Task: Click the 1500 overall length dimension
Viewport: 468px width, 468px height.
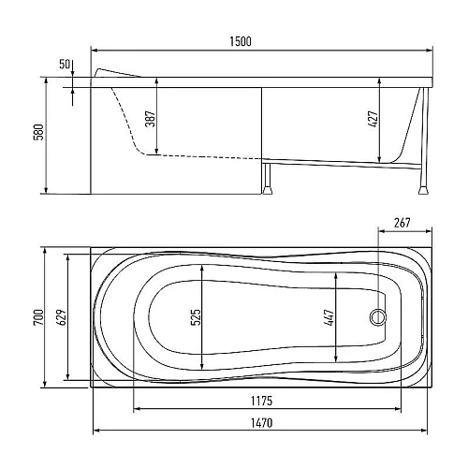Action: click(x=241, y=41)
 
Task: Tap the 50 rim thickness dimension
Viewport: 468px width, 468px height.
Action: click(x=65, y=65)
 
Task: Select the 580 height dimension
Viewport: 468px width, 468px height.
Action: click(x=38, y=132)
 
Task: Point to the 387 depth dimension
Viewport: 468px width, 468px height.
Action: click(x=151, y=119)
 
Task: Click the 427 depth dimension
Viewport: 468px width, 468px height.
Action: click(x=373, y=119)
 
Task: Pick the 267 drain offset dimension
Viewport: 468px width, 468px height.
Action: click(x=402, y=223)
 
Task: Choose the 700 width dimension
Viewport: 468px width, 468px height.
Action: click(x=38, y=317)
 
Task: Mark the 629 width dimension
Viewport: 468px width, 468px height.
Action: click(x=62, y=317)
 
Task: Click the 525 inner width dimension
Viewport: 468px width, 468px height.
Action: click(x=196, y=317)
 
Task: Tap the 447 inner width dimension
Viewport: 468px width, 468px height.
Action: click(x=329, y=317)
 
